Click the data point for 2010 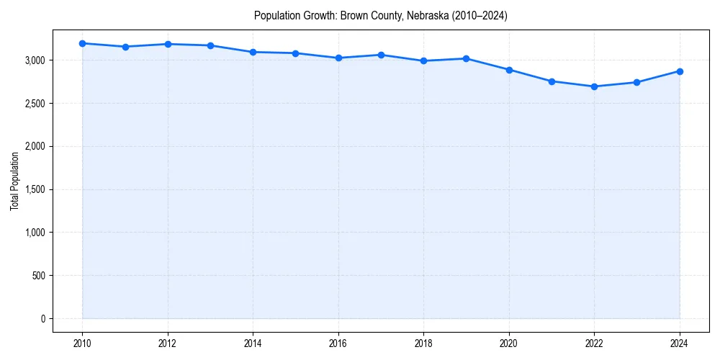tap(83, 43)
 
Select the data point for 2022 tap(594, 86)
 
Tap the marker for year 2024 tap(680, 71)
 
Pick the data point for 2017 tap(381, 55)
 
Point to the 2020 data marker tap(509, 70)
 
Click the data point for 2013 tap(210, 45)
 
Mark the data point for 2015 tap(296, 53)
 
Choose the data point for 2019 tap(467, 58)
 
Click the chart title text tap(381, 16)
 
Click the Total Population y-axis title tap(14, 181)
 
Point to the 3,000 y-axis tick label tap(35, 60)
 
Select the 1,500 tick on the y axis tap(35, 189)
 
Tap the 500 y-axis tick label tap(39, 276)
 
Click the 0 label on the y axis tap(42, 319)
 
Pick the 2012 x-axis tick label tap(168, 343)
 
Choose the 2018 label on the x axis tap(423, 343)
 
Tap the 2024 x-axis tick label tap(680, 343)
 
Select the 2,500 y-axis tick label tap(35, 104)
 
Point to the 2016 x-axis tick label tap(338, 343)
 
